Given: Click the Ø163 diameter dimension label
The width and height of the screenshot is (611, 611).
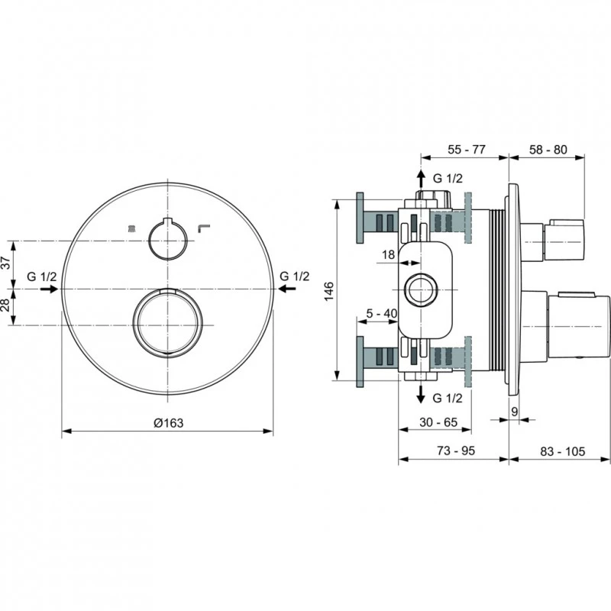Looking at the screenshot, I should coord(169,422).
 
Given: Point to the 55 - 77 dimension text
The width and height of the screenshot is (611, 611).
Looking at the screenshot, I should coord(466,150).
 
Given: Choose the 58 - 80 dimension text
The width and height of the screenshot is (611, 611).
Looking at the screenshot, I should coord(547,150).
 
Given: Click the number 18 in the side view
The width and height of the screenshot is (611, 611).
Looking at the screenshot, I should coord(387,255).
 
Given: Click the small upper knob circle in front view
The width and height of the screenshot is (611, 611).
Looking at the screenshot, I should coord(166,239).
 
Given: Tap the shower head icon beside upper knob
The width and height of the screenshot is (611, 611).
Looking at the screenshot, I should coord(132,228).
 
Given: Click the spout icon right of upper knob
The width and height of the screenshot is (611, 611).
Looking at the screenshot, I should coord(203,227).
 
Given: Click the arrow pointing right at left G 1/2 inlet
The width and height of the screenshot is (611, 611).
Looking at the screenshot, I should coord(49,289).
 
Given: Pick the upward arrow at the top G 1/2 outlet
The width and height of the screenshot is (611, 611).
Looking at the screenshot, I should coord(419,180).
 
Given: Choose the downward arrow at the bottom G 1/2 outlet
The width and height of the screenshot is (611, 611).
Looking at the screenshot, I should coord(419,396).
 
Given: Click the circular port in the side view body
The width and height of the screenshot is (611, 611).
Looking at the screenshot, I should coord(419,290).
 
